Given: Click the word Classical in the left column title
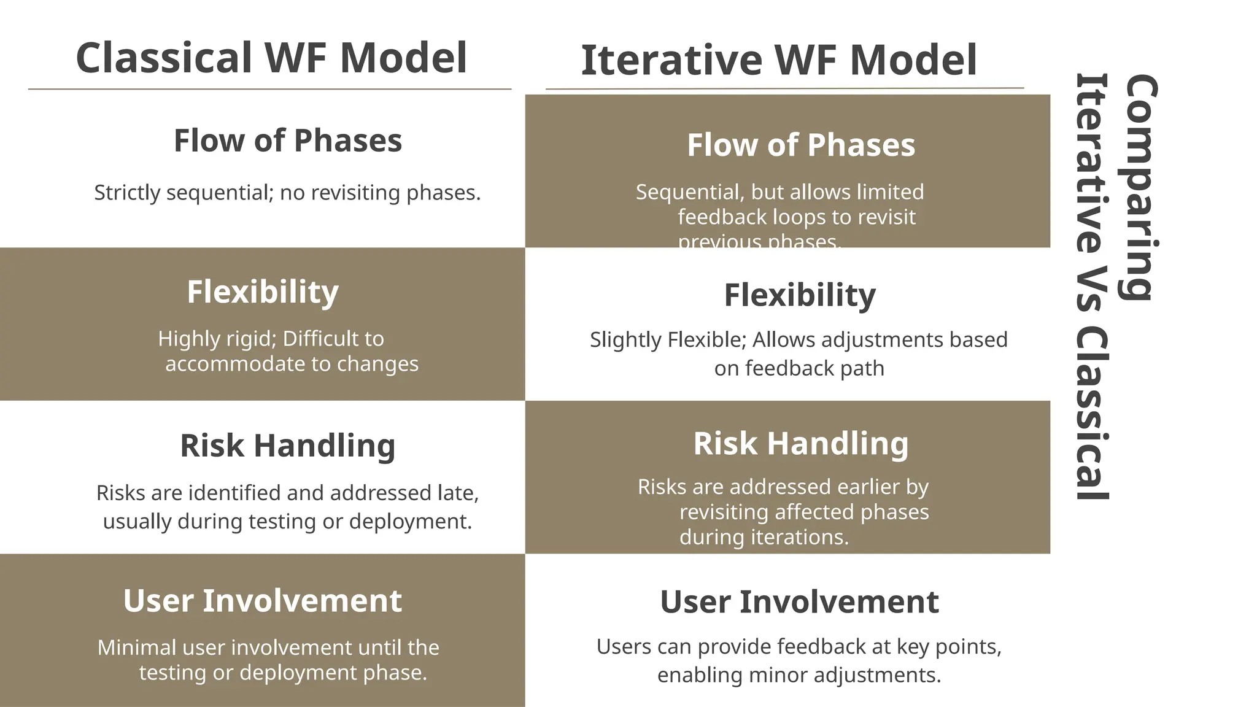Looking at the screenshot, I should coord(163,58).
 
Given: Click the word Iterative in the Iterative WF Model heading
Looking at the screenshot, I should coord(671,61).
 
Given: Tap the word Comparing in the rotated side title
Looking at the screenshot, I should coord(1140,187).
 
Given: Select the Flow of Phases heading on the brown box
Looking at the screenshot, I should coord(801,145).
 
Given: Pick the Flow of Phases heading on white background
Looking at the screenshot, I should coord(288,141).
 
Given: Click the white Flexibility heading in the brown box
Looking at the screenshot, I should coord(263,292).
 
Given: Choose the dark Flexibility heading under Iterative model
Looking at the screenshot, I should coord(800,295).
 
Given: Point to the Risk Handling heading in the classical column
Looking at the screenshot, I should coord(288,446).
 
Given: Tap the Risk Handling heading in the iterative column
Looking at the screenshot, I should coord(801,443).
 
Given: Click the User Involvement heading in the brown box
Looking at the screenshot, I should coord(263,601).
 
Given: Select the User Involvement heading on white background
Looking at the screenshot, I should coord(799,602).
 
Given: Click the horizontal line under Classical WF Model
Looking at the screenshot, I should coord(269,90).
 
